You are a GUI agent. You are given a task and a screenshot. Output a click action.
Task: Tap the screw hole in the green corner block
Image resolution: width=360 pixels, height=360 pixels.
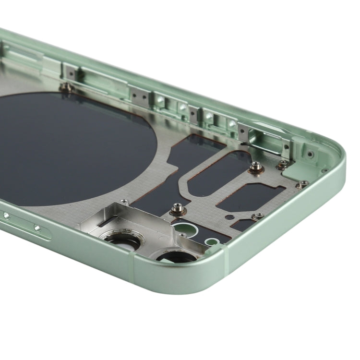point(310,154)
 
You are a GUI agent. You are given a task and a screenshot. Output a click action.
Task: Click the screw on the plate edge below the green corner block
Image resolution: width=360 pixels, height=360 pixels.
point(302,183)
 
